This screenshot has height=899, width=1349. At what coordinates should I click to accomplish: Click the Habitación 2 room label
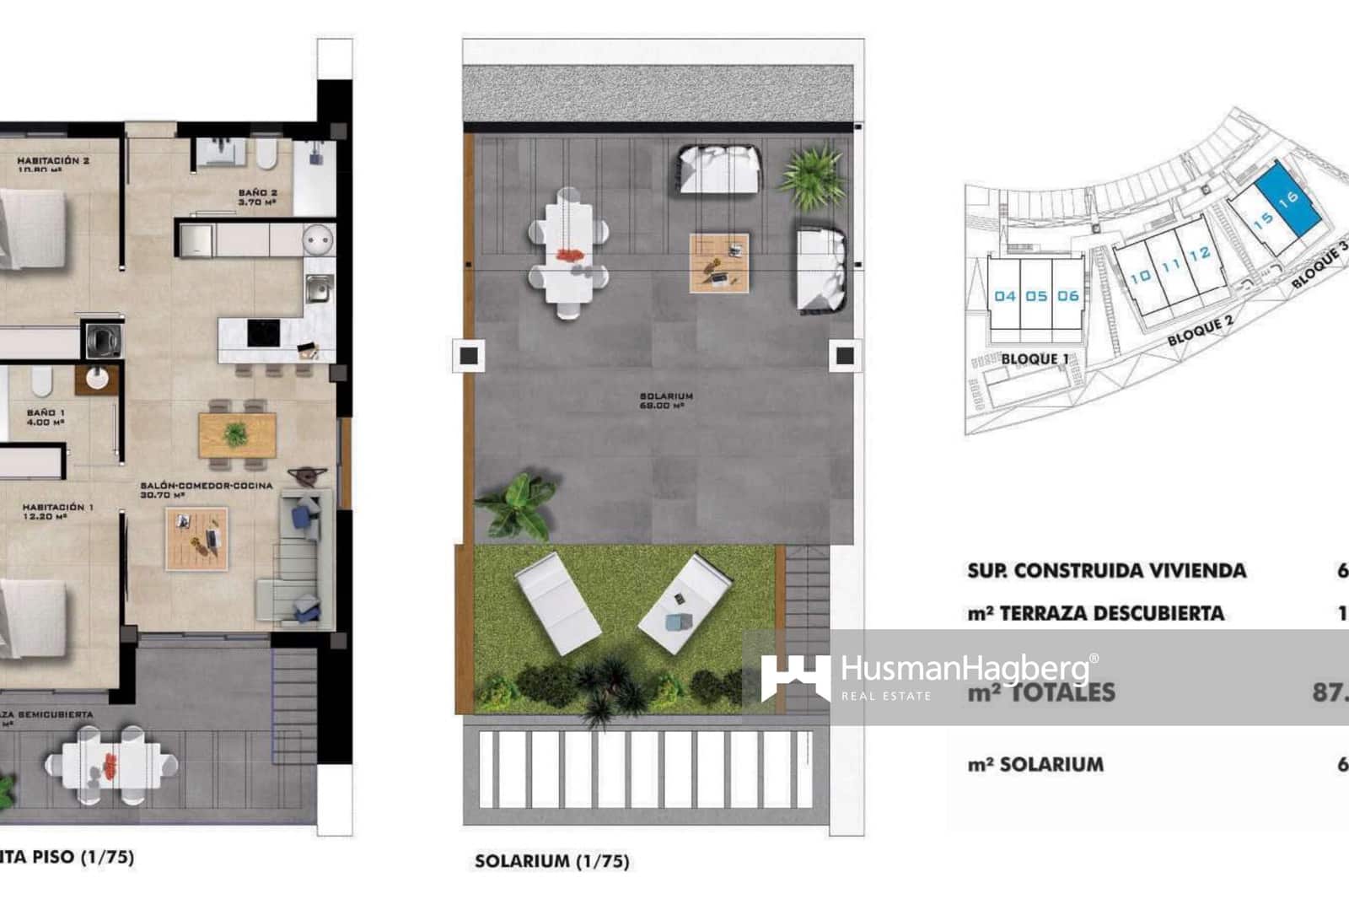pyautogui.click(x=53, y=161)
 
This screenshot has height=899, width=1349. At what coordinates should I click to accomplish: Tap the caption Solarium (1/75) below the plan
pyautogui.click(x=551, y=861)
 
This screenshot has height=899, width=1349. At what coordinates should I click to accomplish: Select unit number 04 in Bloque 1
pyautogui.click(x=1005, y=296)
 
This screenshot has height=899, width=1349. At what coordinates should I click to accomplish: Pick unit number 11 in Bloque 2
pyautogui.click(x=1170, y=266)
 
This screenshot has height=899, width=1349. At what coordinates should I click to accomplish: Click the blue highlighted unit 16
pyautogui.click(x=1287, y=200)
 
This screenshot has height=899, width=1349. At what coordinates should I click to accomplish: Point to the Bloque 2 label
pyautogui.click(x=1200, y=329)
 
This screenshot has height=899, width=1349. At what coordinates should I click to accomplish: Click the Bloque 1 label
pyautogui.click(x=1035, y=358)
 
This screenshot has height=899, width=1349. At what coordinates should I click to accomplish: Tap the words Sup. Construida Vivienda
pyautogui.click(x=1106, y=571)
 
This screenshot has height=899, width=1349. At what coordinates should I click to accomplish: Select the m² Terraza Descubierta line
pyautogui.click(x=1095, y=613)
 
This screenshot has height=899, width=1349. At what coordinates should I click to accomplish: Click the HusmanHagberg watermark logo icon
pyautogui.click(x=793, y=677)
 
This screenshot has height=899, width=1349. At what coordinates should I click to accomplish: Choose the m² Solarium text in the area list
pyautogui.click(x=1035, y=765)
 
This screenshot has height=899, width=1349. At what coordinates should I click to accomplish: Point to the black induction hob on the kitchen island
pyautogui.click(x=263, y=333)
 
